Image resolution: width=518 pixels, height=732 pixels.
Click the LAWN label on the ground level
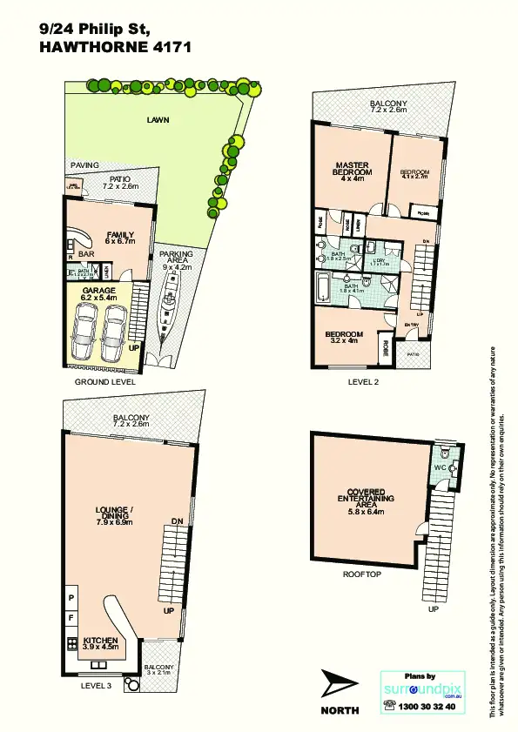[x=158, y=120]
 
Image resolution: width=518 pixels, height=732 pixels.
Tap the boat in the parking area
[x=167, y=310]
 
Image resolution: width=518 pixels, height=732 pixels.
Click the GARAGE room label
[x=99, y=293]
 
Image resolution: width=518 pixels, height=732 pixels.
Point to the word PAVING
[x=84, y=165]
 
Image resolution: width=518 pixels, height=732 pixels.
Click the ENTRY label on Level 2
[x=412, y=325]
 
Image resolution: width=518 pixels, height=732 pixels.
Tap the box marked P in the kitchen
[x=71, y=599]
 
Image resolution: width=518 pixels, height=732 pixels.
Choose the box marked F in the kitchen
[x=71, y=617]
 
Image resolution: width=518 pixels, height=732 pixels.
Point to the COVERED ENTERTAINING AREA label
[x=367, y=499]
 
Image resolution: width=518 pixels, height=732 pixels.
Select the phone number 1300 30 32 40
[x=426, y=708]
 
